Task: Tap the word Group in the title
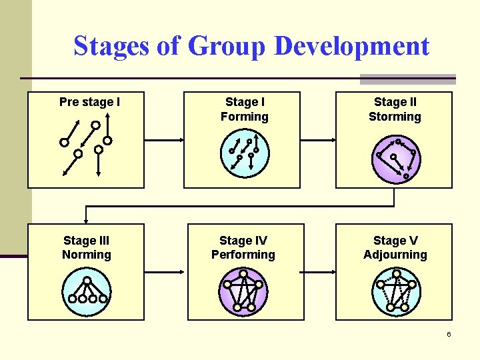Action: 227,47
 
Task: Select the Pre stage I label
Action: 89,102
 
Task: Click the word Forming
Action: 244,117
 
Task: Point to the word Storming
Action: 395,117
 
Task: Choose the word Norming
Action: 87,255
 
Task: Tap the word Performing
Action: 243,255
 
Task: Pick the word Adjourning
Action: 395,255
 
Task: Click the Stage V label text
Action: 395,241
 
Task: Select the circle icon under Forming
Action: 244,154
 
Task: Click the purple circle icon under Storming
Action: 395,159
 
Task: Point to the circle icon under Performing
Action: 243,291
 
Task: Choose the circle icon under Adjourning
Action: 395,291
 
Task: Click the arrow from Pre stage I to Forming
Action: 165,139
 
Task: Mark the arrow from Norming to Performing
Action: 165,271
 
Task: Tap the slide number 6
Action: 449,334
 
